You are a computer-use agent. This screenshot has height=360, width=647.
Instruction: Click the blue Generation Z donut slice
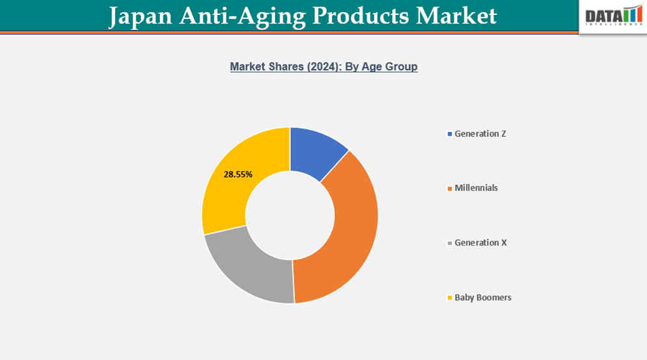(x=316, y=151)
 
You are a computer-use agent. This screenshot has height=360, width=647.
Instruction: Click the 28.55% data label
(x=238, y=174)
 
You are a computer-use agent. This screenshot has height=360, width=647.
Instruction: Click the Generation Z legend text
(x=480, y=134)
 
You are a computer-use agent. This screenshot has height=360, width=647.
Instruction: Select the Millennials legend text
(x=476, y=188)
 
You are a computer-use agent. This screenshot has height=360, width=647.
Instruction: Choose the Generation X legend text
(x=481, y=242)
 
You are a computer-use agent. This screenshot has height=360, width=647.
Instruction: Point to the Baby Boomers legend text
(x=482, y=298)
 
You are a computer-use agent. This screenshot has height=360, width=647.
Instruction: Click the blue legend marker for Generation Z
(x=450, y=135)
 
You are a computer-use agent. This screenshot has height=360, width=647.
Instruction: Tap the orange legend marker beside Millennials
(x=450, y=188)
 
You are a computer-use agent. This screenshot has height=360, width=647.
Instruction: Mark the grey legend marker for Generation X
(x=450, y=243)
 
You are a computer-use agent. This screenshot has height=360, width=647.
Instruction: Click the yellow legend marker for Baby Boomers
(x=450, y=298)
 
